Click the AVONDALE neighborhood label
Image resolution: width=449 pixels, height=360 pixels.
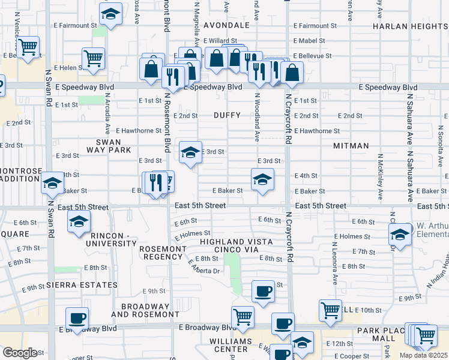pyautogui.click(x=226, y=26)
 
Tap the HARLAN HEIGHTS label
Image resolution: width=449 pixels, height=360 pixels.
pyautogui.click(x=411, y=26)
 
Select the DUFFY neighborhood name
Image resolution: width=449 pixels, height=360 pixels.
pyautogui.click(x=227, y=115)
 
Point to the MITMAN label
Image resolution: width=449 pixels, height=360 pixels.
pyautogui.click(x=351, y=146)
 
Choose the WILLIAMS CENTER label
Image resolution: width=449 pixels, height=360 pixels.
pyautogui.click(x=232, y=344)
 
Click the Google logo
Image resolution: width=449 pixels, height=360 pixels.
pyautogui.click(x=19, y=353)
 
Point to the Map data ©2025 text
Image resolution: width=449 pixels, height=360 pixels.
pyautogui.click(x=424, y=355)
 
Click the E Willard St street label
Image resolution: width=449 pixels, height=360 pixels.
pyautogui.click(x=220, y=41)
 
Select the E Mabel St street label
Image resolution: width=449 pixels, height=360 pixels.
pyautogui.click(x=309, y=41)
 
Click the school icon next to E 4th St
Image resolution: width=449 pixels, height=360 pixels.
pyautogui.click(x=262, y=179)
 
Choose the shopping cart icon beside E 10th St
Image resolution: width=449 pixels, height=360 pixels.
pyautogui.click(x=330, y=310)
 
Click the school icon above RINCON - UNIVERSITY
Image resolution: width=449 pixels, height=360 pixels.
pyautogui.click(x=77, y=222)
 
